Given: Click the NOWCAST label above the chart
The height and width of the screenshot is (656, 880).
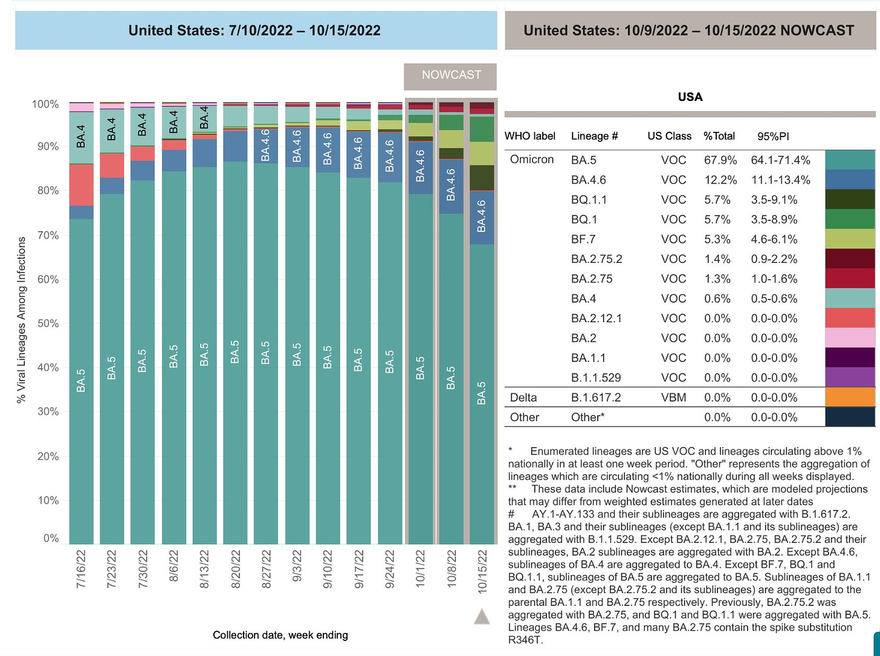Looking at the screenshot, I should point(451,76).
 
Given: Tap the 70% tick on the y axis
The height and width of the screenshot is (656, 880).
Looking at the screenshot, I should point(45,236).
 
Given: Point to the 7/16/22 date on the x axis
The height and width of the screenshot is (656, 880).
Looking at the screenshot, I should point(81,568).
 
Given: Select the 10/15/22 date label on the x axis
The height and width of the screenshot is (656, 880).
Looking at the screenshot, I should point(482,568).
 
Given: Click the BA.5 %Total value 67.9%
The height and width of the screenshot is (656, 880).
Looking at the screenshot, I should point(720,160).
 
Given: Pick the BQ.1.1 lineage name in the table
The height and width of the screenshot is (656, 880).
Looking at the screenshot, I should point(589,200).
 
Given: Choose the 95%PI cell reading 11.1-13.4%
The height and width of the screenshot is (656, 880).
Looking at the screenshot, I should point(780,180).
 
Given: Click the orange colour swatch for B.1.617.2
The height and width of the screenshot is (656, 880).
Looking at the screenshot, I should point(850,397).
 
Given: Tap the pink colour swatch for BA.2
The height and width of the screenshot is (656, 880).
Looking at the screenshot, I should point(850,338).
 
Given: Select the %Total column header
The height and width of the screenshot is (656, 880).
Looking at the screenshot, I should point(719,137).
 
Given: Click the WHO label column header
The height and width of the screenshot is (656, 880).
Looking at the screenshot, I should point(530,137).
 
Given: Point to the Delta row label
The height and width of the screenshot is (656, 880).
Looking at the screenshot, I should point(523,397).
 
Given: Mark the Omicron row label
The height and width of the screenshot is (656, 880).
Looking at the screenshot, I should point(532,159).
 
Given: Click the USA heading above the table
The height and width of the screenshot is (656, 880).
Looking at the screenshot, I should point(690,97).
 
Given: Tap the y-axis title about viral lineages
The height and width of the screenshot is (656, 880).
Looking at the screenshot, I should point(22,320).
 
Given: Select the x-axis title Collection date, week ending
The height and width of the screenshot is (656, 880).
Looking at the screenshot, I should point(280,635).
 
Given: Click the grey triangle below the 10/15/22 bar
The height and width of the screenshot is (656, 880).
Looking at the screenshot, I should point(482,617).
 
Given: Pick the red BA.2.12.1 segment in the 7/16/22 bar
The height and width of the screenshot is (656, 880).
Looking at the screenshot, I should point(81,185).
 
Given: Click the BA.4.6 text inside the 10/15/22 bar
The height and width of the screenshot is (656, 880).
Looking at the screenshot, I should point(482,216).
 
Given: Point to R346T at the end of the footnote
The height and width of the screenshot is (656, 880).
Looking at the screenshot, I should point(526,640).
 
